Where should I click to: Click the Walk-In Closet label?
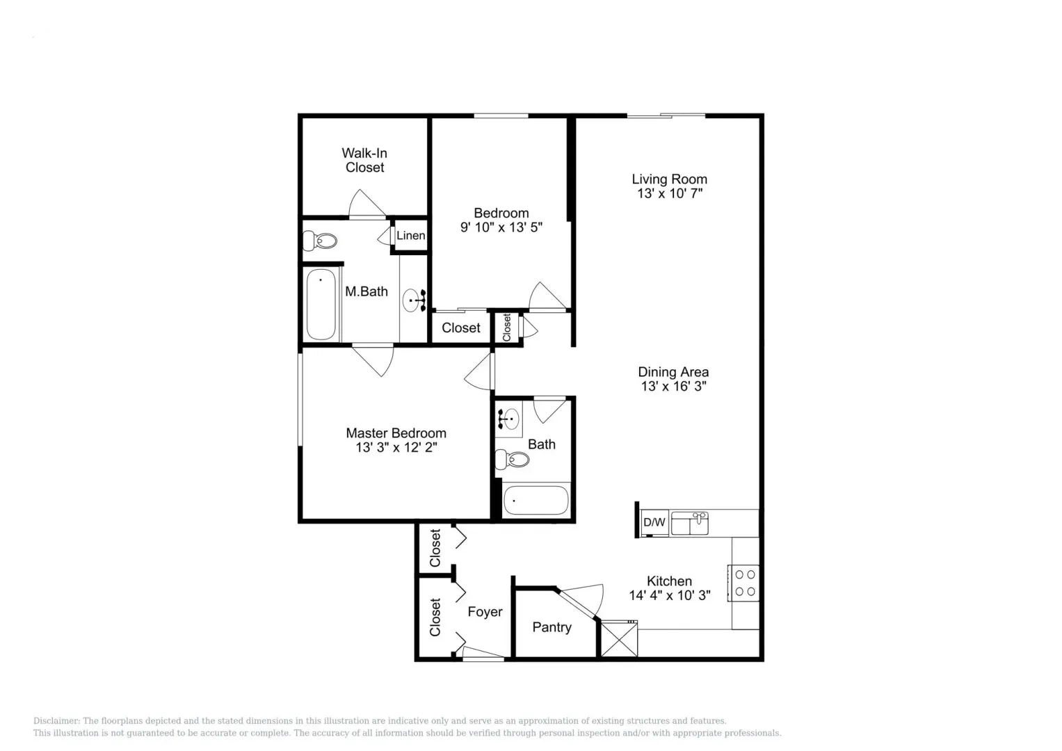pyautogui.click(x=364, y=160)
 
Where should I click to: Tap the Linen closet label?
pyautogui.click(x=410, y=236)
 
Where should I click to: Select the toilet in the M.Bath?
pyautogui.click(x=321, y=241)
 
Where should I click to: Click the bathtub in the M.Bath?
pyautogui.click(x=321, y=304)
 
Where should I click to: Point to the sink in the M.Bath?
pyautogui.click(x=413, y=300)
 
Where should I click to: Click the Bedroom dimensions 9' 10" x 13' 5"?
pyautogui.click(x=501, y=227)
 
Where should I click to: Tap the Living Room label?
pyautogui.click(x=669, y=179)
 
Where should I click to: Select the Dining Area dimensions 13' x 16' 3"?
pyautogui.click(x=673, y=387)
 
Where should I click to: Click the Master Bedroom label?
pyautogui.click(x=396, y=433)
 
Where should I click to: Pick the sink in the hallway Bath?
pyautogui.click(x=510, y=419)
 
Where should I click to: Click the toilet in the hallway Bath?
pyautogui.click(x=512, y=459)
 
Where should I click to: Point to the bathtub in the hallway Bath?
pyautogui.click(x=536, y=500)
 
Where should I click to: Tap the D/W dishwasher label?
pyautogui.click(x=654, y=522)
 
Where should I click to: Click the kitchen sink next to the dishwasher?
pyautogui.click(x=689, y=523)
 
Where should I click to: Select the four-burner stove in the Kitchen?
pyautogui.click(x=745, y=583)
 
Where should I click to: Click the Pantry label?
pyautogui.click(x=552, y=627)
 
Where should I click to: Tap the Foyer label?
pyautogui.click(x=485, y=612)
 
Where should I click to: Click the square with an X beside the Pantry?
pyautogui.click(x=618, y=638)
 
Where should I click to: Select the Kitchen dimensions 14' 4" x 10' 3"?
pyautogui.click(x=669, y=596)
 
